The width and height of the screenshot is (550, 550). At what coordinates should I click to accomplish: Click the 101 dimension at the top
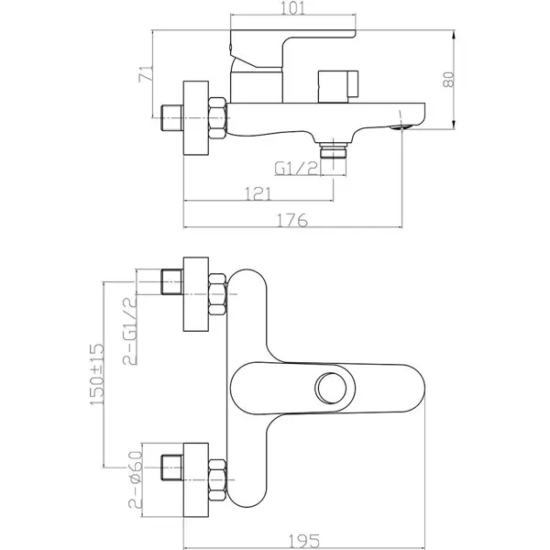[x=293, y=8]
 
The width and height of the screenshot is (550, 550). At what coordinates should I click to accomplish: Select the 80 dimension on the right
[x=448, y=79]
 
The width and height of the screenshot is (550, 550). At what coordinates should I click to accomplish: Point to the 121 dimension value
[x=258, y=193]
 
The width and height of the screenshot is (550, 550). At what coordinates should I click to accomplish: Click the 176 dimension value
[x=292, y=220]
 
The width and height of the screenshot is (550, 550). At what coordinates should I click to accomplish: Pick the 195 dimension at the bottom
[x=304, y=541]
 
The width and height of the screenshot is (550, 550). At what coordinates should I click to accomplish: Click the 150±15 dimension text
[x=97, y=374]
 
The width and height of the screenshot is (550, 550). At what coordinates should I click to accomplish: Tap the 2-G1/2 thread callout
[x=129, y=331]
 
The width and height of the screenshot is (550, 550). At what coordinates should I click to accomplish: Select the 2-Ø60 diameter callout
[x=136, y=479]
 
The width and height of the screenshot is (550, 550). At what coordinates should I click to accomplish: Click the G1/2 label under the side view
[x=296, y=169]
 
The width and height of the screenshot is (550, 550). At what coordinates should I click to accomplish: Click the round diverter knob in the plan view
[x=330, y=389]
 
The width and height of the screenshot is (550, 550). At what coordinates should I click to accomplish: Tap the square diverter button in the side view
[x=337, y=87]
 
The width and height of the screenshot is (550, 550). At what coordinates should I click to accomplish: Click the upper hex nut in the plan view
[x=217, y=294]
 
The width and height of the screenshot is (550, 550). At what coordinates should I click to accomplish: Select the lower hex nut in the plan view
[x=217, y=479]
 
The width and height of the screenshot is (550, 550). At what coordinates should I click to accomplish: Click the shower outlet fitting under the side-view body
[x=334, y=149]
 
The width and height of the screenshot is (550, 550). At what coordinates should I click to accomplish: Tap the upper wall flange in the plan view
[x=196, y=294]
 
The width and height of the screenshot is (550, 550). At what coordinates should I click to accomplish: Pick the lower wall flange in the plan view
[x=196, y=479]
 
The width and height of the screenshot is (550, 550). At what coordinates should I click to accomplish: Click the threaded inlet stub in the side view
[x=172, y=118]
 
